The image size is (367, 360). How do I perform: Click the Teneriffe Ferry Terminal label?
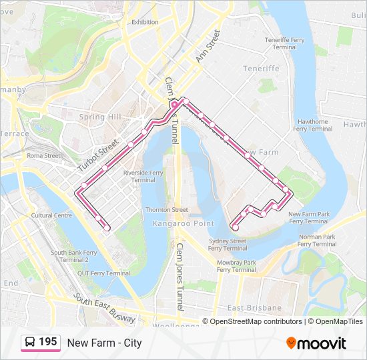point(284,43)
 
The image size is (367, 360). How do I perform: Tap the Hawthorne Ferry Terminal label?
point(313,125)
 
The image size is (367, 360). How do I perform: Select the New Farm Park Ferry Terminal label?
point(309,217)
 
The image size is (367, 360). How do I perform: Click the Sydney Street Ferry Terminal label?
point(228,244)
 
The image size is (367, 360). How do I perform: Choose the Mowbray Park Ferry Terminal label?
point(236,266)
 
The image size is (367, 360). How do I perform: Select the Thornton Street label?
point(166,209)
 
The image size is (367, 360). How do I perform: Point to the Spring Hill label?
point(101,117)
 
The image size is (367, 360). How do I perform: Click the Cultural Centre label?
point(51,215)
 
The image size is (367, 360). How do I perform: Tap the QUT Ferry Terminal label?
point(103,273)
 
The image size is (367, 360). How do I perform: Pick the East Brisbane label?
point(254,307)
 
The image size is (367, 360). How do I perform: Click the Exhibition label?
point(145,22)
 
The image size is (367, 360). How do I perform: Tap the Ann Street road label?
point(208,47)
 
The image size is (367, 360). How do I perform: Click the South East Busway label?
point(105,309)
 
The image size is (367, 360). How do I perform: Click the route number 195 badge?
point(41,343)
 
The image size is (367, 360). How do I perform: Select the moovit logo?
point(316,343)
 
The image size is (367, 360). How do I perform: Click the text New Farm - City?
point(104,343)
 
